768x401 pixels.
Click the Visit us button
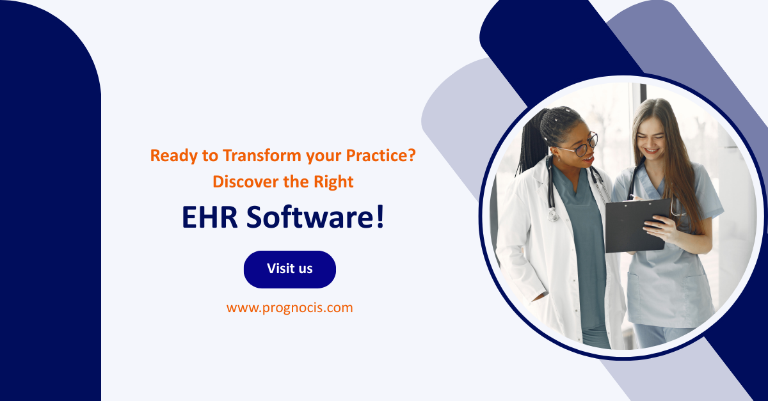(290, 269)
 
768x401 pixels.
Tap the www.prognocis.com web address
(290, 308)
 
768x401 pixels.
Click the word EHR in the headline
(209, 217)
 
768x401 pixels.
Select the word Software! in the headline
(316, 217)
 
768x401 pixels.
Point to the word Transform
(262, 155)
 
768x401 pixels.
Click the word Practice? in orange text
(381, 155)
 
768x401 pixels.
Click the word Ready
(174, 156)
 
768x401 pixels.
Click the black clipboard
(637, 226)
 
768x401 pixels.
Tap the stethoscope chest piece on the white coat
(552, 215)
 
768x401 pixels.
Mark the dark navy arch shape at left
(51, 201)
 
